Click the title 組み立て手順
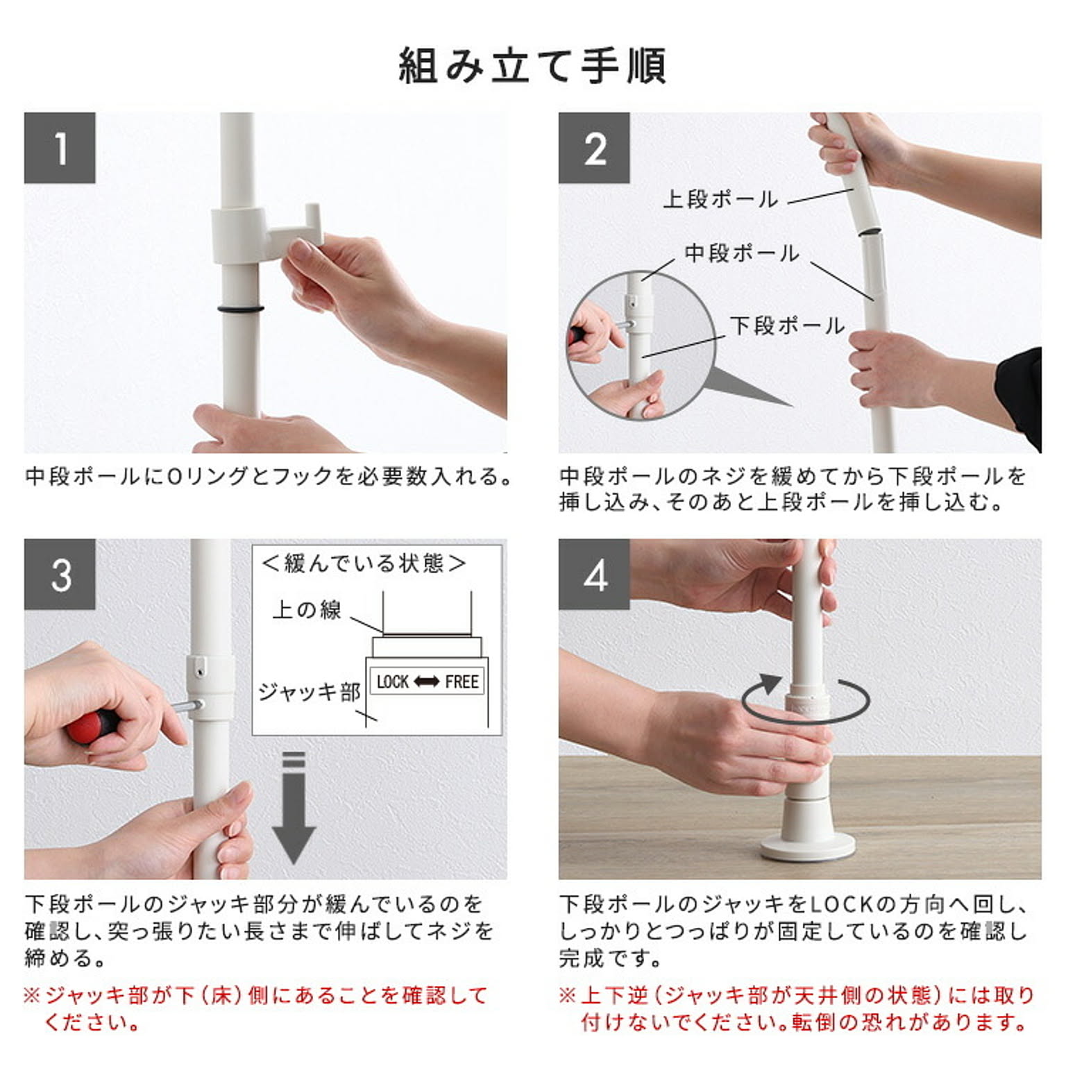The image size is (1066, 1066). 532,66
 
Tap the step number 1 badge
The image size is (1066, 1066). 60,148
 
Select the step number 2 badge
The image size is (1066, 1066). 594,148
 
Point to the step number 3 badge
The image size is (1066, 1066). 60,574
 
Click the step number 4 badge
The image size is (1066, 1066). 594,574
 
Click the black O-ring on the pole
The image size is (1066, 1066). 240,309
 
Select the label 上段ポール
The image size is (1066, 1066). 720,199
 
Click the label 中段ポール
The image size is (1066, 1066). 742,253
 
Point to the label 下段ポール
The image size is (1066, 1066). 787,325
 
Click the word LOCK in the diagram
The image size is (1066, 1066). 392,682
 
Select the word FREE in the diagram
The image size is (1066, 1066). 462,682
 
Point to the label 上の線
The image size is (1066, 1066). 307,610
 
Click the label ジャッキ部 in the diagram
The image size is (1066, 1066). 310,692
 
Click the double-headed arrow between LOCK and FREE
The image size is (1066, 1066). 427,682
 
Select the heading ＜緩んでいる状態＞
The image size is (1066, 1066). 363,563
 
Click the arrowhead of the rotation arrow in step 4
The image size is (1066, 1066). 770,684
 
